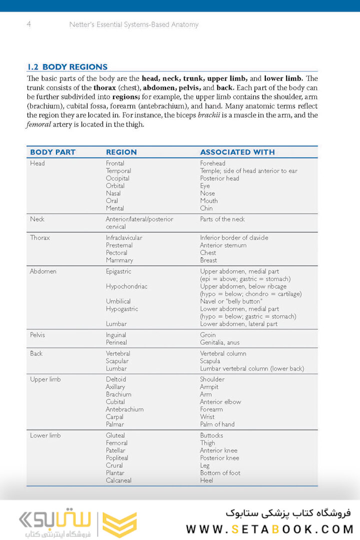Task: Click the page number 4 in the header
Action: point(29,24)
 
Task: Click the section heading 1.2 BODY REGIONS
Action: point(67,67)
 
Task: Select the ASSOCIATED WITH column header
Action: point(237,152)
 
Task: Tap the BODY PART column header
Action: point(52,152)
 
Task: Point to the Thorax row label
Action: point(40,237)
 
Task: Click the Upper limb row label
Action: point(45,379)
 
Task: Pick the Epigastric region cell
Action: point(118,271)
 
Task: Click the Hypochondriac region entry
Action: point(126,286)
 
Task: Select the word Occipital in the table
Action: point(117,178)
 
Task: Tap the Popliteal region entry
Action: point(117,458)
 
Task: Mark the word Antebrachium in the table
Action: point(124,409)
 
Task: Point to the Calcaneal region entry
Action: point(118,480)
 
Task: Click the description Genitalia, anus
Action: point(220,342)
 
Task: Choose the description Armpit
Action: point(209,387)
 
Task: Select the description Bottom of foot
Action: point(220,473)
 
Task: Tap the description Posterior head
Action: point(219,178)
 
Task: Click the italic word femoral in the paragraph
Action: point(38,124)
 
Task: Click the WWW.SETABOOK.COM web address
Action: point(270,529)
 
